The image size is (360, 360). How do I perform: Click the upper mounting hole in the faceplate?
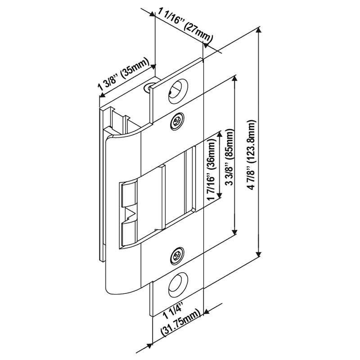coord(177,88)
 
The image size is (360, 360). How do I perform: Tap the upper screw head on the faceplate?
coord(177,121)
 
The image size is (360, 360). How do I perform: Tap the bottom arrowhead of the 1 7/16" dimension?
coord(220,196)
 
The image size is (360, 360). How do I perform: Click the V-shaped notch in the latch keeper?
coord(129,211)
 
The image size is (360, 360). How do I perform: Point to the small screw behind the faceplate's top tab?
coord(148,88)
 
